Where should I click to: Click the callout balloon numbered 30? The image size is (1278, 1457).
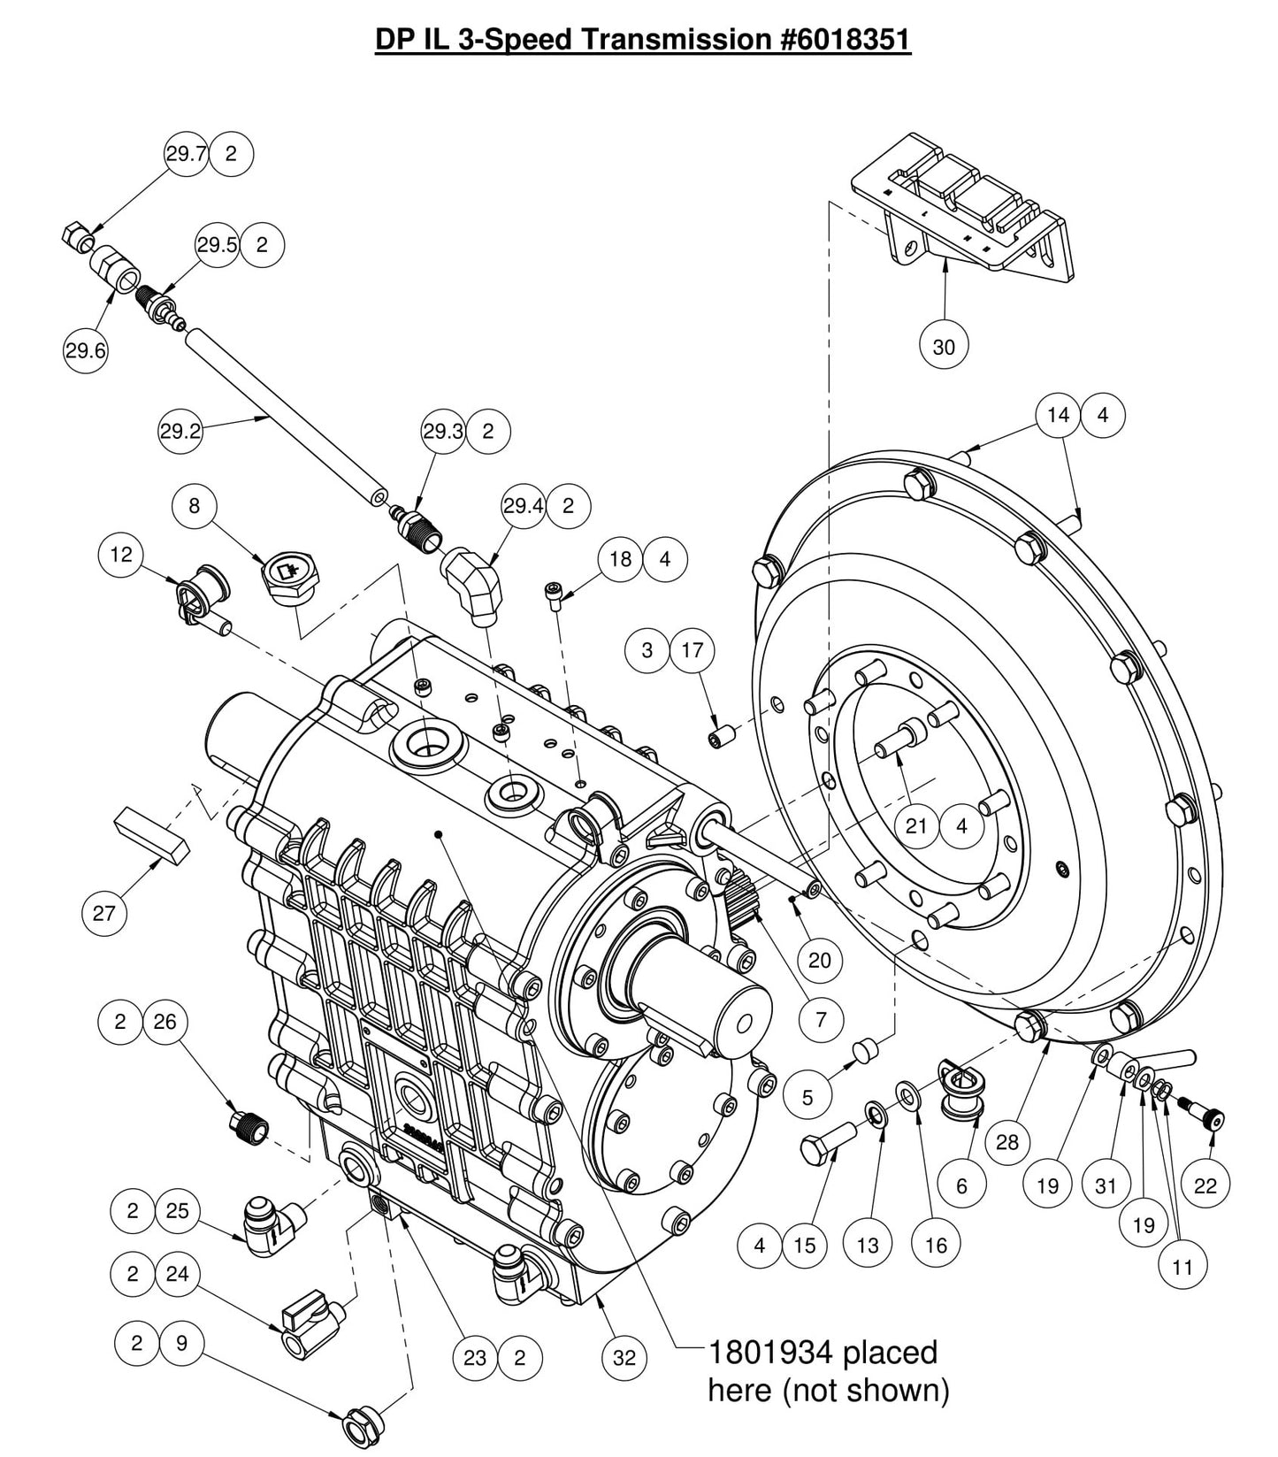coord(944,347)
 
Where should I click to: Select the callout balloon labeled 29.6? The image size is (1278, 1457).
coord(85,351)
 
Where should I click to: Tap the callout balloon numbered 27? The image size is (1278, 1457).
coord(104,912)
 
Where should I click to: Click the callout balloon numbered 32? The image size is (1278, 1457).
coord(624,1357)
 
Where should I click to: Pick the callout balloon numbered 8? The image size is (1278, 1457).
coord(195,506)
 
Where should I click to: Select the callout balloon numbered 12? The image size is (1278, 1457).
coord(121,555)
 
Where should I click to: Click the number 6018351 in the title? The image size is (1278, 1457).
coord(846,40)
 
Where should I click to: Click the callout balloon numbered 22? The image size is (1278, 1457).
coord(1205,1186)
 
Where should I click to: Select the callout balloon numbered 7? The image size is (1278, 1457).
coord(821,1019)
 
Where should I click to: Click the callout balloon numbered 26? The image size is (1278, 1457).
coord(165,1022)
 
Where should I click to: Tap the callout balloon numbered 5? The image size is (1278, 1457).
coord(807,1098)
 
